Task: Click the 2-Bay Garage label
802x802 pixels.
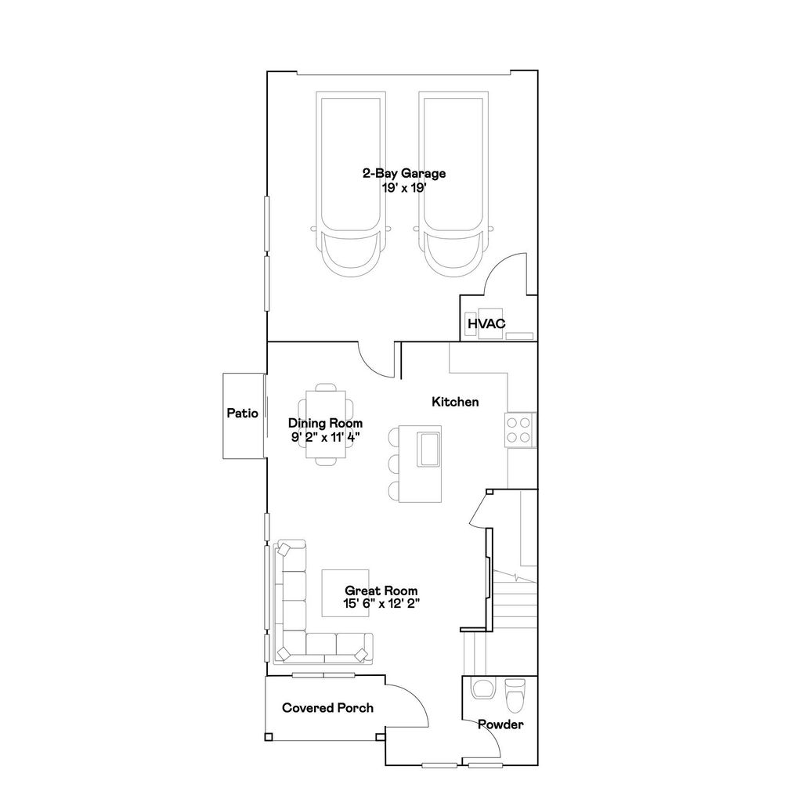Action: [404, 173]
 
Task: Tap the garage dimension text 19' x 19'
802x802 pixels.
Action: [404, 188]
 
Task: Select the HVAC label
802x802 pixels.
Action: [486, 323]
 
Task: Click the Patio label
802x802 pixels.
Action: [243, 414]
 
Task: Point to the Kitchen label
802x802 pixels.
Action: [455, 402]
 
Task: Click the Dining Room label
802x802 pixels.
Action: [325, 424]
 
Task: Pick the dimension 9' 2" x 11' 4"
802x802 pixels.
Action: [325, 437]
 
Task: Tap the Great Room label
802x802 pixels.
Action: [381, 591]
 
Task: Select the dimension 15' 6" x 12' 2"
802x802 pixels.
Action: [381, 604]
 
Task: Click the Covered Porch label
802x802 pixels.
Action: [328, 708]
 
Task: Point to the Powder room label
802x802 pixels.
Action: [500, 724]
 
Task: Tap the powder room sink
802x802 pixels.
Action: [482, 688]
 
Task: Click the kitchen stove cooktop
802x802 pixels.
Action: [518, 430]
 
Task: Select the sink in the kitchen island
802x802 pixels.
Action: [428, 449]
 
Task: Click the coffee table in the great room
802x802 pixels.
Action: [345, 593]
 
